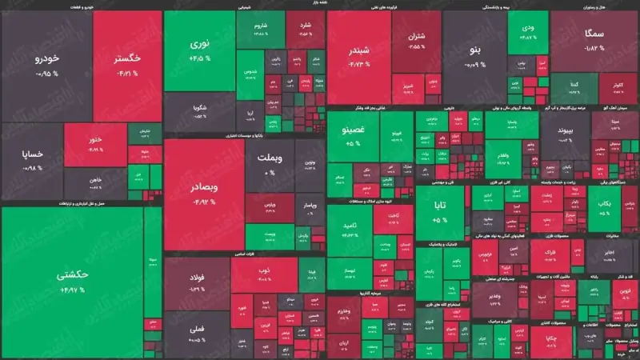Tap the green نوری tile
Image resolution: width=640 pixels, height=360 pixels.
coord(199,50)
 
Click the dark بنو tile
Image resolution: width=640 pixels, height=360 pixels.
coord(474,56)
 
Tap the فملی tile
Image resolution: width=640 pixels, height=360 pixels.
coord(197,328)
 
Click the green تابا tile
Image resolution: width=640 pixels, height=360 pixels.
coord(442,210)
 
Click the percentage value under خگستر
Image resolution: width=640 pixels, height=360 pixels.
coord(128,74)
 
